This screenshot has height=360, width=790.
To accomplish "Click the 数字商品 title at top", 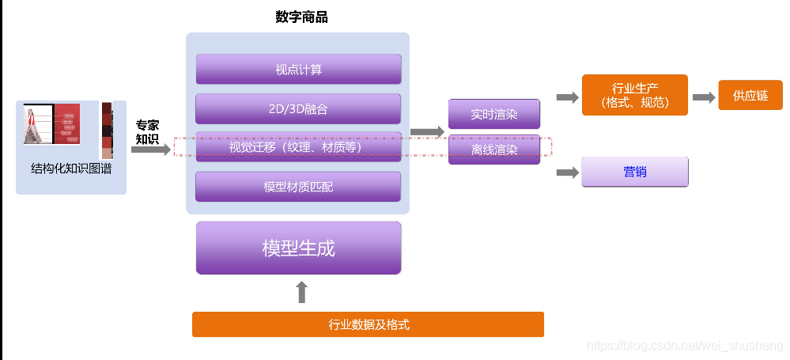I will [301, 17].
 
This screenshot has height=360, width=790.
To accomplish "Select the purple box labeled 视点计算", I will [298, 69].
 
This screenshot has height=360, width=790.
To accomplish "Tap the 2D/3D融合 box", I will [298, 108].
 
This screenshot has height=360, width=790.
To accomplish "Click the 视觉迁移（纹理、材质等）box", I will [298, 146].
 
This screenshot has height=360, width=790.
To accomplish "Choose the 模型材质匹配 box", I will [298, 187].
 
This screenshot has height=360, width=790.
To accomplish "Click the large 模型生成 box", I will [298, 248].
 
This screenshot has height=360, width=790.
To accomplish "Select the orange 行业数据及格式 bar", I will [368, 324].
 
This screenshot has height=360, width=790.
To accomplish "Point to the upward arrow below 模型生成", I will [301, 292].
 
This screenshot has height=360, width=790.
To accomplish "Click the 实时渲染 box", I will [493, 114].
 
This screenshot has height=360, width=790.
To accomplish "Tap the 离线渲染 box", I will [493, 150].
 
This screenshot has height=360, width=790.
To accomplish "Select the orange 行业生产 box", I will [634, 95].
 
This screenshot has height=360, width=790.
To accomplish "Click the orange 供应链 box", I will [750, 95].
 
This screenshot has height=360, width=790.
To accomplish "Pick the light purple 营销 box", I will [634, 172].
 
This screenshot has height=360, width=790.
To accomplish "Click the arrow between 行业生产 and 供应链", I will [703, 97].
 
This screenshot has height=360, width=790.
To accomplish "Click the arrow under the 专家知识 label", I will [151, 149].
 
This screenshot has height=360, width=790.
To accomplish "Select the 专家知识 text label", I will [147, 132].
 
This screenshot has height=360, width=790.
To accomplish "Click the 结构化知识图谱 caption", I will [71, 168].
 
